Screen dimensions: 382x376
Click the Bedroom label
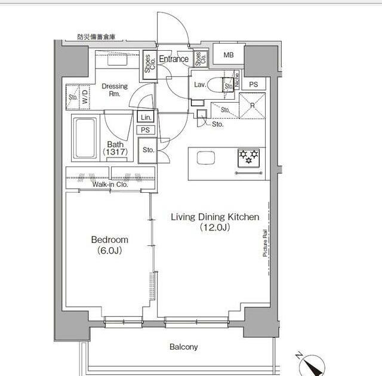pos(110,240)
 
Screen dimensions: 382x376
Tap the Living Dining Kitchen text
pos(215,217)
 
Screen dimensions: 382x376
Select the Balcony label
pos(184,347)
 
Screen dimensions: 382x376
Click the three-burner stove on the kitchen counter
pos(249,158)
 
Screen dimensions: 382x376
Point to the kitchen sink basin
pos(206,158)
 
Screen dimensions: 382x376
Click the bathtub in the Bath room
pos(85,138)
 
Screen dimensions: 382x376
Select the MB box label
pos(229,55)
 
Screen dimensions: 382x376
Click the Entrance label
pos(174,58)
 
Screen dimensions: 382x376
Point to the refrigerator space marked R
pos(252,106)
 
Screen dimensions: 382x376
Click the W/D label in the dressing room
pos(85,97)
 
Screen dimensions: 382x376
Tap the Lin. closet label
pos(146,118)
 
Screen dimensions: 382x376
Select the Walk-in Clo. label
pos(110,184)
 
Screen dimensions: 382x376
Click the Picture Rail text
pos(265,243)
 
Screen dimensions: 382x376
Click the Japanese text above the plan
pos(96,37)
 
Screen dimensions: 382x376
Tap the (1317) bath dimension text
pos(115,152)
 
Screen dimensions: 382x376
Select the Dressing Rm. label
pos(115,90)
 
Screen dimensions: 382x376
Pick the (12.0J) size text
pos(215,227)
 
